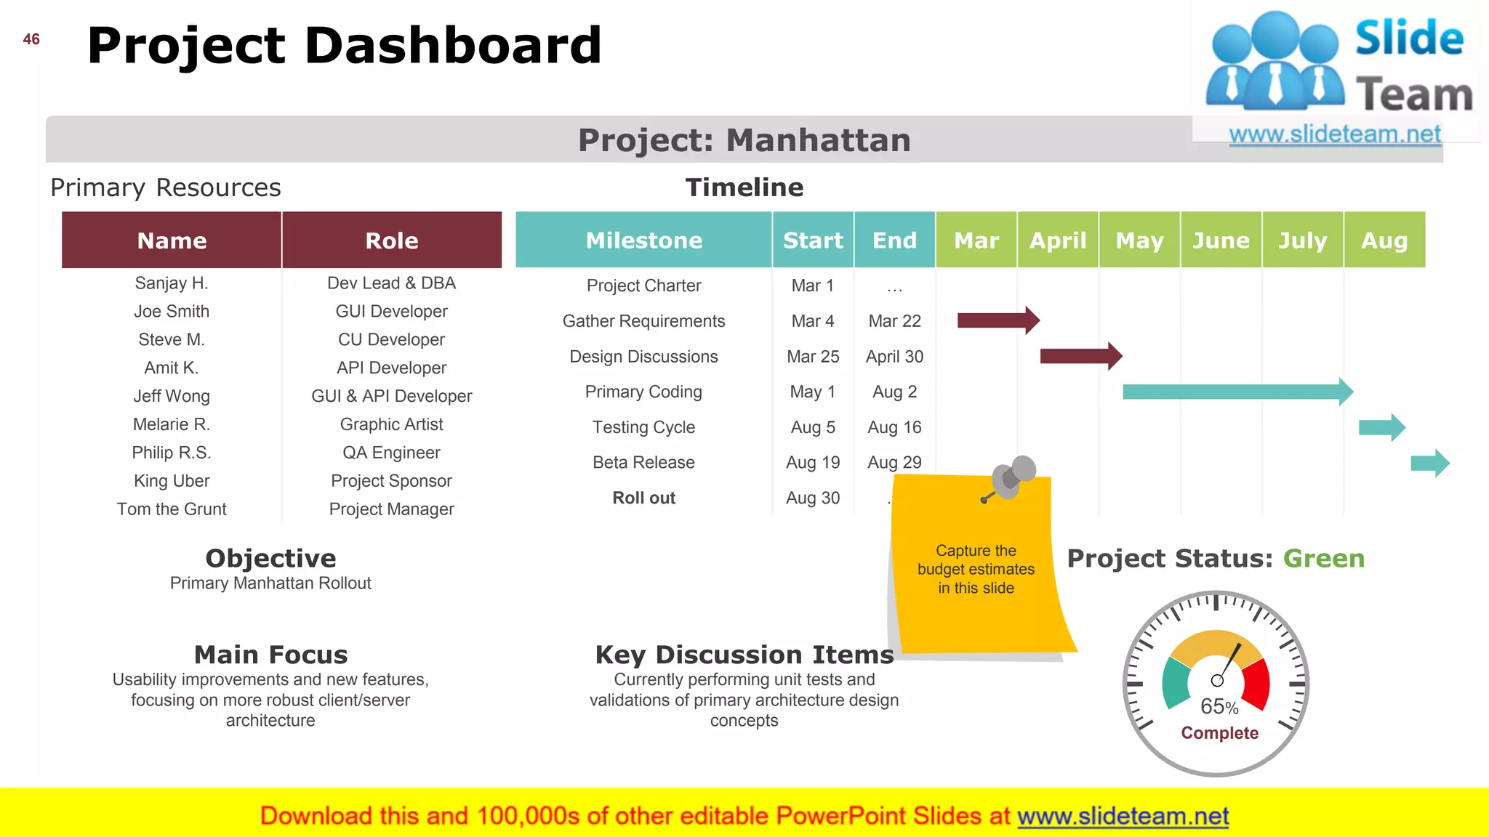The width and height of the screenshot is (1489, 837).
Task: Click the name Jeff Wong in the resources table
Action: [172, 396]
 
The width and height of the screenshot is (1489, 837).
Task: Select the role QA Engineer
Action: [391, 453]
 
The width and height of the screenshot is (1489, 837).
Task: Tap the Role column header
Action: [391, 240]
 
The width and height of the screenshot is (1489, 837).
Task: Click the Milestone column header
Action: [643, 240]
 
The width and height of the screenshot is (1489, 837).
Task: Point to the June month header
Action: [1221, 240]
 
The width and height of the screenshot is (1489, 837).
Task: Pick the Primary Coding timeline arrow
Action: [1236, 392]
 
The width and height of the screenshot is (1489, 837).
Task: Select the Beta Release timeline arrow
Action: [1429, 463]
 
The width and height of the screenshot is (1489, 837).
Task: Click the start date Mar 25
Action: [813, 357]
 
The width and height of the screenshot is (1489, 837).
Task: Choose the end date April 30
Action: [894, 357]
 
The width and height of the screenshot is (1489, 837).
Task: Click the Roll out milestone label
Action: [643, 498]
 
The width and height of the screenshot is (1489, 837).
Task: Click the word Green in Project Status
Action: [1323, 559]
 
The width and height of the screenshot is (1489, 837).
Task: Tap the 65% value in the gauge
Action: [1219, 706]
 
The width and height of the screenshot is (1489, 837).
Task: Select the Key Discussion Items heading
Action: [744, 655]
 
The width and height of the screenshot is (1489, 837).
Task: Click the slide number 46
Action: [31, 39]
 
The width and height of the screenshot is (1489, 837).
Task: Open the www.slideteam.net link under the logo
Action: [1334, 134]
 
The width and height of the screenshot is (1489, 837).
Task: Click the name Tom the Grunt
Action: [172, 509]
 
